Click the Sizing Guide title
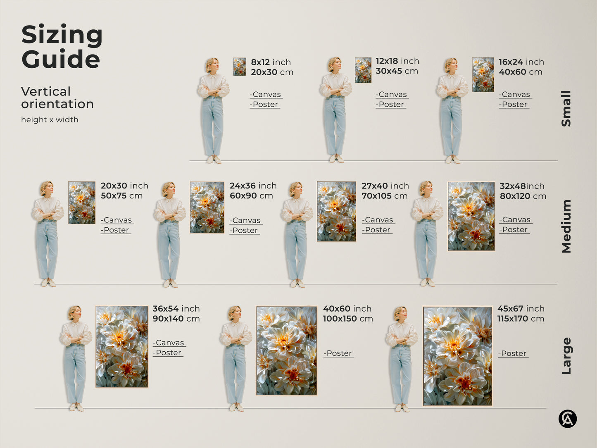pyautogui.click(x=62, y=47)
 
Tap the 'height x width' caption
pyautogui.click(x=50, y=120)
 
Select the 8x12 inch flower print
pyautogui.click(x=239, y=67)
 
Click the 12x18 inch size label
pyautogui.click(x=397, y=61)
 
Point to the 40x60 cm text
pyautogui.click(x=520, y=72)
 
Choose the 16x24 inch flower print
pyautogui.click(x=483, y=74)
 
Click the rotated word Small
pyautogui.click(x=566, y=108)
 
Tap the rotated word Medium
pyautogui.click(x=566, y=226)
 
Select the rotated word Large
pyautogui.click(x=566, y=356)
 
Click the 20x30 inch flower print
pyautogui.click(x=82, y=203)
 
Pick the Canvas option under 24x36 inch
pyautogui.click(x=246, y=221)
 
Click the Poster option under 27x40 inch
pyautogui.click(x=377, y=230)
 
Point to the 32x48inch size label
pyautogui.click(x=522, y=186)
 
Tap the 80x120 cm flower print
pyautogui.click(x=471, y=216)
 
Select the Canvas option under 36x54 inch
pyautogui.click(x=169, y=343)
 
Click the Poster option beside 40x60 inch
pyautogui.click(x=338, y=353)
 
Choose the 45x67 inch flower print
pyautogui.click(x=458, y=356)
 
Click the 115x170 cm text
pyautogui.click(x=521, y=319)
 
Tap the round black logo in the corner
pyautogui.click(x=568, y=419)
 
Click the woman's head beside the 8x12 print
pyautogui.click(x=212, y=65)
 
